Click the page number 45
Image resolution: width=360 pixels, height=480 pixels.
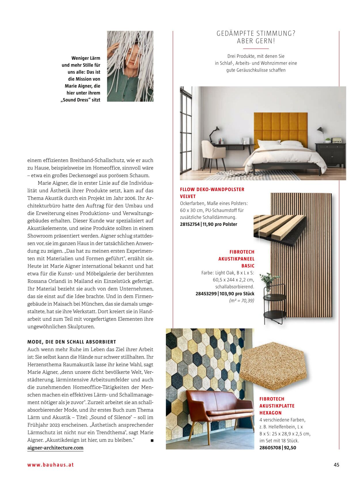[x=336, y=465]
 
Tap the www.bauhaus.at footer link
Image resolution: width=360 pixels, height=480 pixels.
[x=51, y=465]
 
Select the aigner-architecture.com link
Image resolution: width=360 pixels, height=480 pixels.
[x=55, y=448]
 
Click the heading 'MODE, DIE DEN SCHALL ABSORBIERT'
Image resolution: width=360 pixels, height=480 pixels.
[x=72, y=342]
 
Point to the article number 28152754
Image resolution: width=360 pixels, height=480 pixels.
[x=190, y=224]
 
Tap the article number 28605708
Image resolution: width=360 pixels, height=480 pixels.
[x=270, y=448]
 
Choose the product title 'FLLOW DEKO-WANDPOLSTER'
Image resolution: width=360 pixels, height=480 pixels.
[x=212, y=189]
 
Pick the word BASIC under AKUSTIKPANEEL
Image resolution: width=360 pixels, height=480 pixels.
[x=248, y=266]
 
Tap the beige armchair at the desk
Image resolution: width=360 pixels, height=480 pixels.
[x=213, y=153]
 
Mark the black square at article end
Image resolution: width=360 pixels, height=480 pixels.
[x=152, y=441]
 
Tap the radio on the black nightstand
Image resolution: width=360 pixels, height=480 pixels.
[x=336, y=140]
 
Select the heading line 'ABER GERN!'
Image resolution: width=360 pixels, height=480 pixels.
[x=256, y=41]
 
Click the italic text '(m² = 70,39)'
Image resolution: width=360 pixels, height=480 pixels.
[x=242, y=301]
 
